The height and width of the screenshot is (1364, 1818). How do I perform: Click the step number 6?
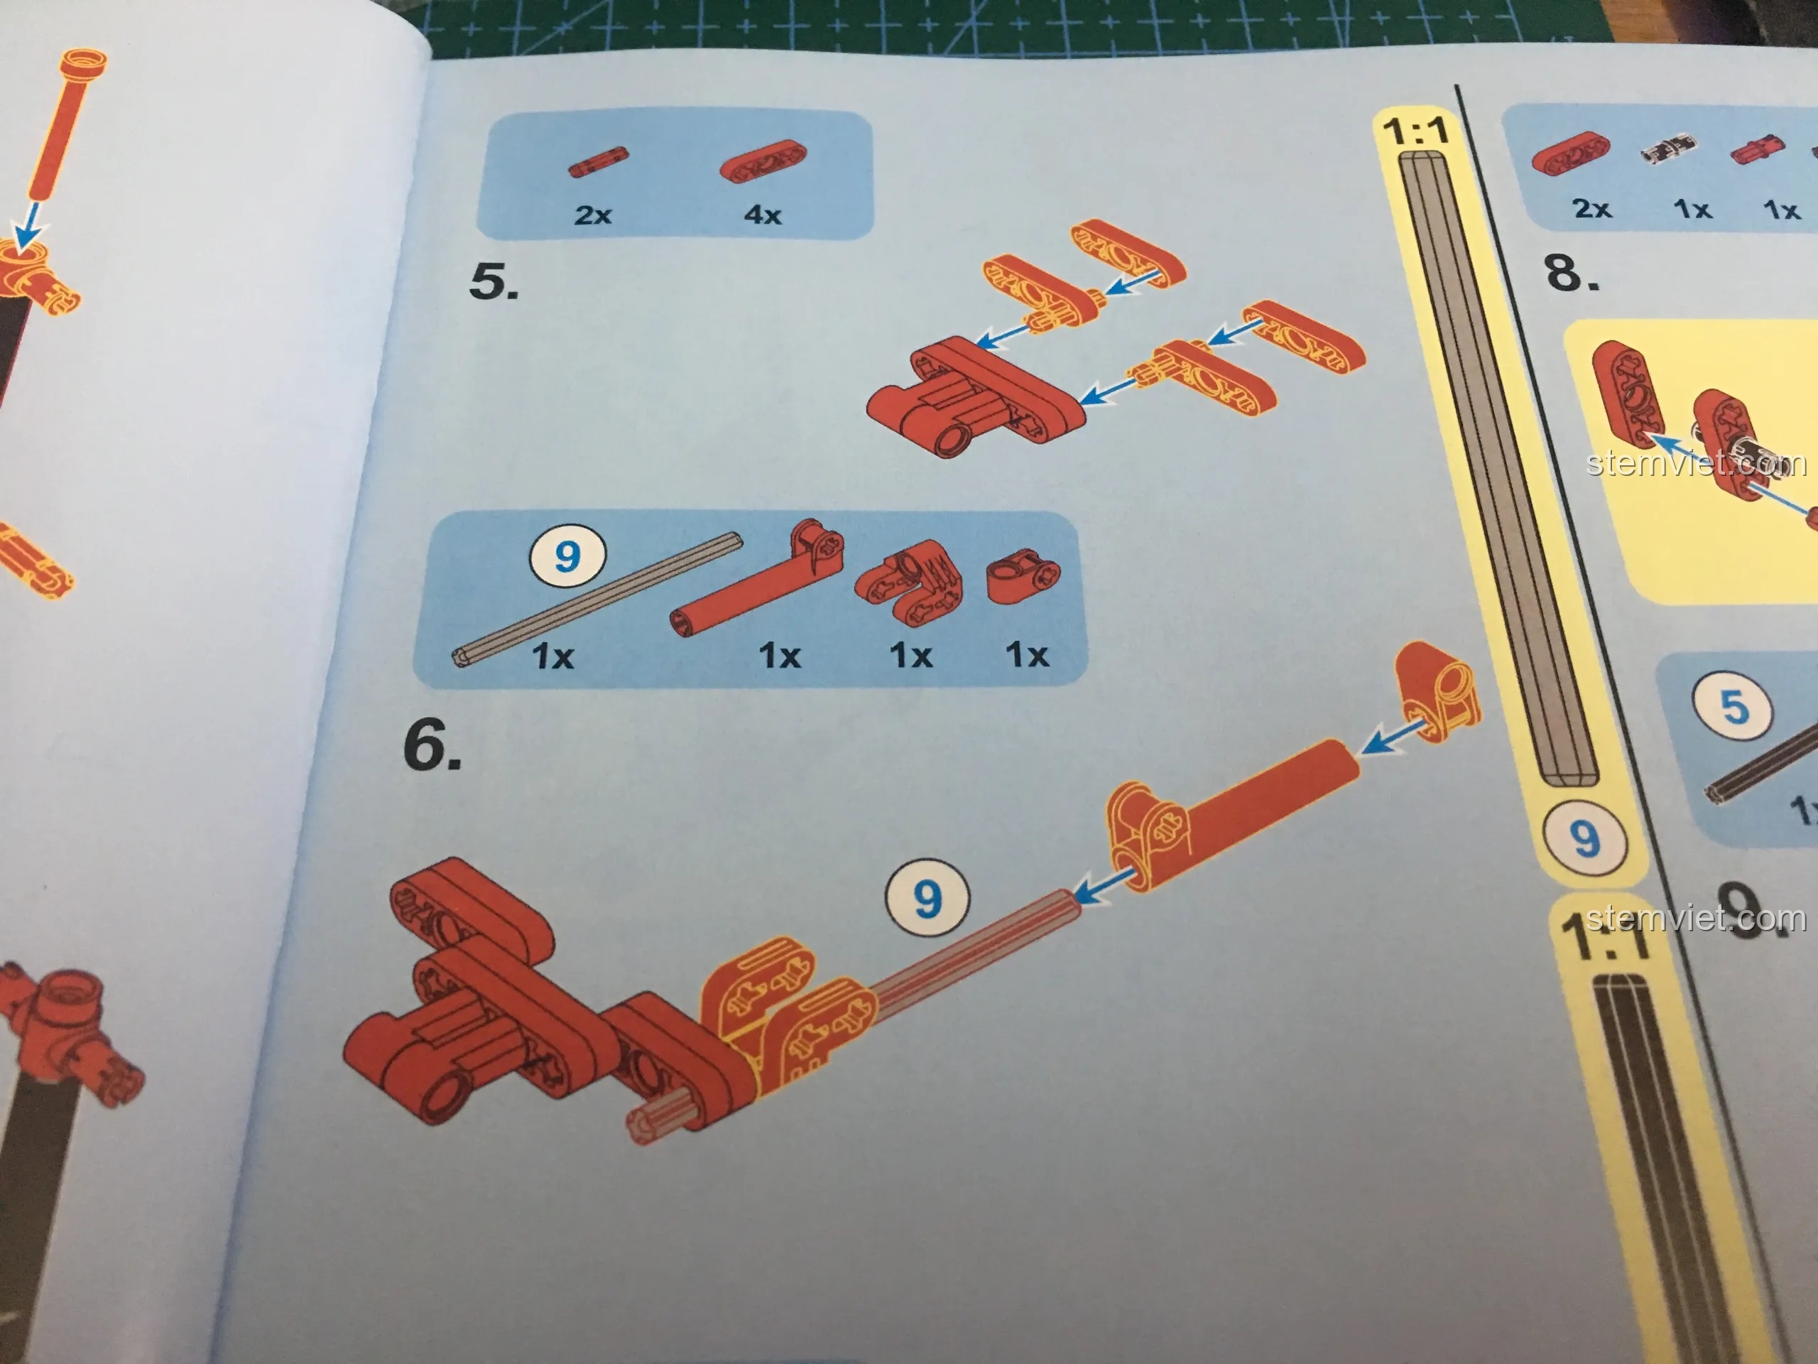pos(432,745)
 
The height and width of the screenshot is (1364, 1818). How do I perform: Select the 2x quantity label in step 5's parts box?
pos(592,215)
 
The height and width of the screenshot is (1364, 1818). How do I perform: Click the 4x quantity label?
pos(763,215)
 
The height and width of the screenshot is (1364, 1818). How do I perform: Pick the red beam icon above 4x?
pos(763,161)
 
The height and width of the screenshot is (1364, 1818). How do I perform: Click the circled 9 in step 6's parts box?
pos(567,557)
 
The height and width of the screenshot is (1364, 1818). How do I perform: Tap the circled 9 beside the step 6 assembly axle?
pos(927,899)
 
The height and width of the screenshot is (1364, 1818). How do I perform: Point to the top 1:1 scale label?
pos(1415,132)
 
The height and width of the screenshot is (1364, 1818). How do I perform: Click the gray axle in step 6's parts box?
pos(597,600)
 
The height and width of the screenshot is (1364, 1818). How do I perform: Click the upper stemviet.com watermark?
pos(1697,463)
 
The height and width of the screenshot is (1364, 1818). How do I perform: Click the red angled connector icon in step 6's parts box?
pos(908,582)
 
